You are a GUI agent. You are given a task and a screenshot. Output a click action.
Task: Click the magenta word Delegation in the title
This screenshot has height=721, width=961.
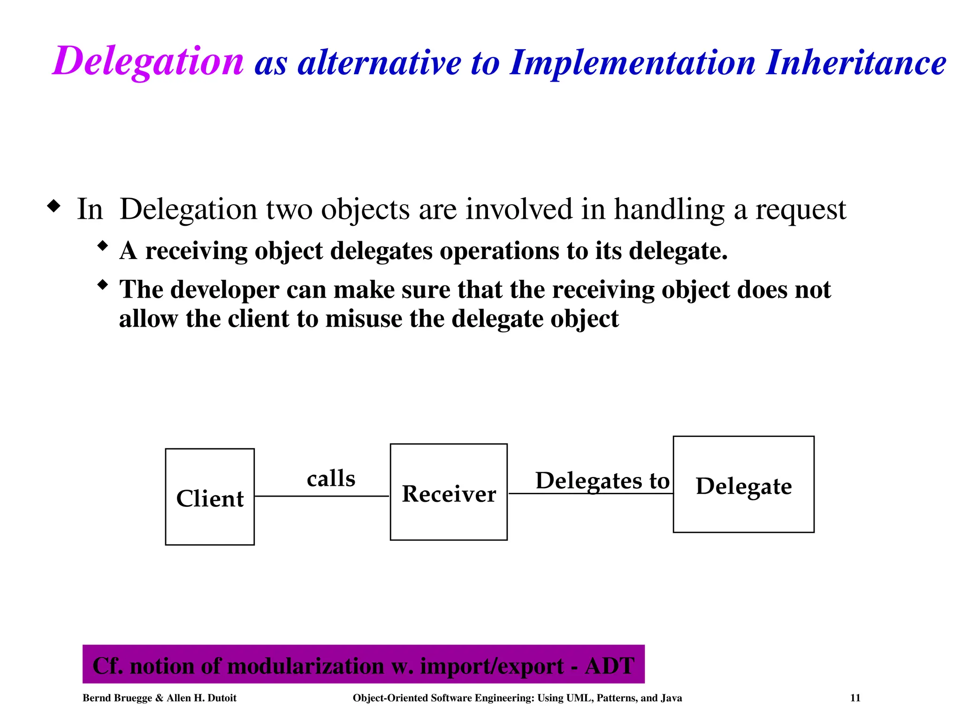pos(148,61)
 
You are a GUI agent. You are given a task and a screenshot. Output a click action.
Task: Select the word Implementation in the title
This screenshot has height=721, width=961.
pos(633,63)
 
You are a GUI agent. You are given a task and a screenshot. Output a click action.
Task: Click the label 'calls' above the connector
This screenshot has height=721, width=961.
pos(331,479)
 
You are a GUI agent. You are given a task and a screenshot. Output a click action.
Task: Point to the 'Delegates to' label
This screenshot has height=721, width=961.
pos(603,481)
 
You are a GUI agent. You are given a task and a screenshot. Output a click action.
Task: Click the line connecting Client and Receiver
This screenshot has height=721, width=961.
pos(322,496)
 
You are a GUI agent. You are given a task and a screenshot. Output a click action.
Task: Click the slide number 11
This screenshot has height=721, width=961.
pos(855,698)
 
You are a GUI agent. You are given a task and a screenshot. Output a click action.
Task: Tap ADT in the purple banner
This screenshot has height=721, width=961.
pos(610,666)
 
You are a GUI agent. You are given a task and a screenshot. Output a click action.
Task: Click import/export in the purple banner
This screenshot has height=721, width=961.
pos(492,666)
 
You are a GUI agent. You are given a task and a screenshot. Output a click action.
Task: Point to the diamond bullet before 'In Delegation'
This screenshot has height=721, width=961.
pos(54,206)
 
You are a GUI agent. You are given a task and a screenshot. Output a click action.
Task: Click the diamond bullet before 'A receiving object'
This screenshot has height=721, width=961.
pos(103,245)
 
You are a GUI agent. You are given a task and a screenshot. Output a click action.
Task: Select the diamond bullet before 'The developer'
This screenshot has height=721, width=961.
pos(103,284)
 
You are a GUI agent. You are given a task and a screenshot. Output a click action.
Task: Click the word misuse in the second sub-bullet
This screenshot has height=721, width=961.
pos(364,319)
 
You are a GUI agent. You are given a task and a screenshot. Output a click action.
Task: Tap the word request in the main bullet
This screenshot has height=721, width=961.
pos(801,209)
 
